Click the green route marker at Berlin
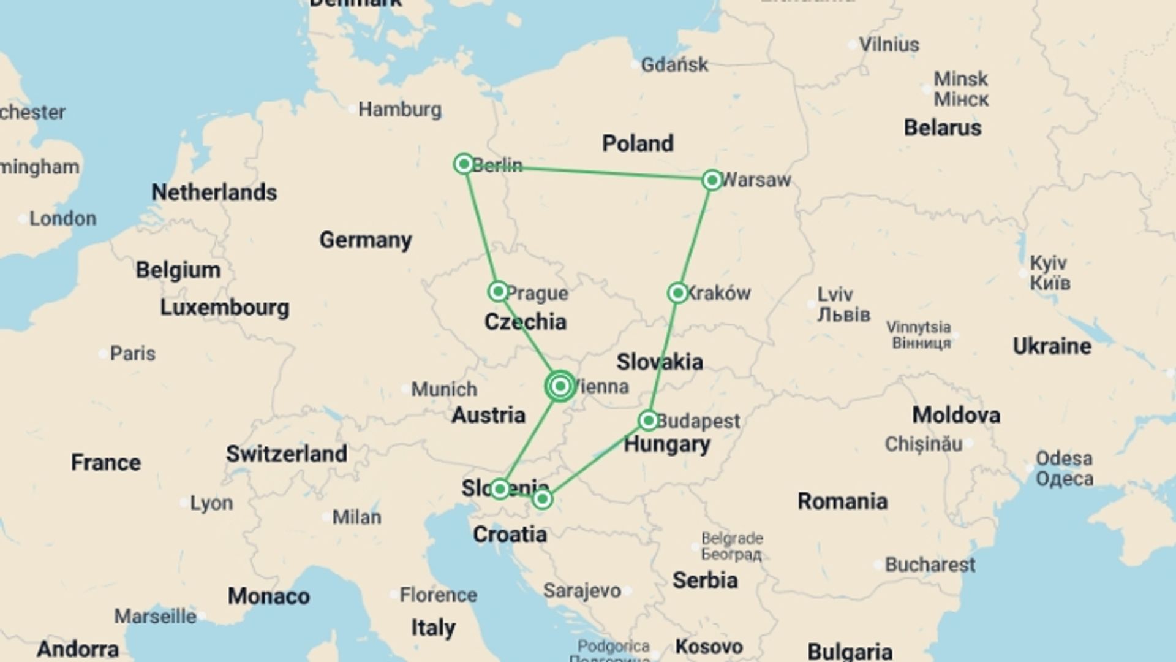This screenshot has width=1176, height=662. pyautogui.click(x=464, y=164)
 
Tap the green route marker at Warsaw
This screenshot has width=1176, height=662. pyautogui.click(x=712, y=180)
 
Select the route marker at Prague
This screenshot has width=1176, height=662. pyautogui.click(x=498, y=291)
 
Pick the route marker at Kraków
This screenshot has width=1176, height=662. pyautogui.click(x=677, y=293)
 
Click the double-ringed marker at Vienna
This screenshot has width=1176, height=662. pyautogui.click(x=560, y=386)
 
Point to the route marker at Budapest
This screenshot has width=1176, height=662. pyautogui.click(x=648, y=420)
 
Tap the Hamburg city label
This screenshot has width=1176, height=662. pyautogui.click(x=399, y=110)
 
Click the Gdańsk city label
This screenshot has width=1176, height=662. pyautogui.click(x=674, y=64)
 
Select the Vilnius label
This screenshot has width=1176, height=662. pyautogui.click(x=889, y=45)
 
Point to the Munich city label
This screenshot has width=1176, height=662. pyautogui.click(x=443, y=389)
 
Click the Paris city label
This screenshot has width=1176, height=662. pyautogui.click(x=132, y=354)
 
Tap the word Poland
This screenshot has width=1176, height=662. pyautogui.click(x=638, y=143)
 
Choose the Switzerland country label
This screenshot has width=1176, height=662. pyautogui.click(x=287, y=454)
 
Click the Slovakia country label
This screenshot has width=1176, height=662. pyautogui.click(x=660, y=362)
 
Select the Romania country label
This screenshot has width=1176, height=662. pyautogui.click(x=842, y=501)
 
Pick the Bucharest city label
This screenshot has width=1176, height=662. pyautogui.click(x=930, y=565)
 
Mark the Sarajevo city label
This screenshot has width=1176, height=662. pyautogui.click(x=582, y=591)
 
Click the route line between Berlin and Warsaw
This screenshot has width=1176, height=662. pyautogui.click(x=588, y=172)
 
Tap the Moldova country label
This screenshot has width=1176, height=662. pyautogui.click(x=956, y=415)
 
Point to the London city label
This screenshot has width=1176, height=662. pyautogui.click(x=62, y=219)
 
